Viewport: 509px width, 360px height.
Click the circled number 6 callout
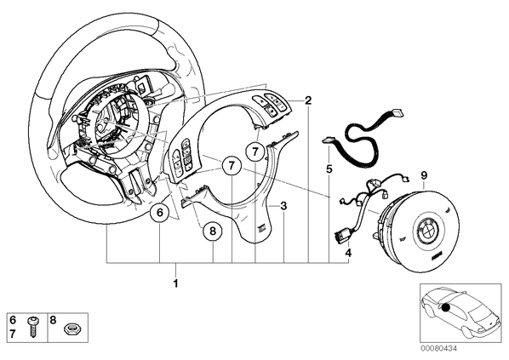coord(160,214)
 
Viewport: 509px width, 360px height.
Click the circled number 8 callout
coord(213,231)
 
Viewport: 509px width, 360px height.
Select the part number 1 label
coord(175,283)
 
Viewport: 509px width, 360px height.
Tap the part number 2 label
coord(308,100)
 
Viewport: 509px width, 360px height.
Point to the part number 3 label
coord(283,206)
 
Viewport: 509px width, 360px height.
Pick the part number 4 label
coord(348,253)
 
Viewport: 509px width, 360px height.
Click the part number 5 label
coord(329,169)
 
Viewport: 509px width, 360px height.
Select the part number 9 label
coord(424,175)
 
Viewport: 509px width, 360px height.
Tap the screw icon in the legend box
coord(32,327)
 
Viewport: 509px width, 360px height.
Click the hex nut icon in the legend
coord(70,329)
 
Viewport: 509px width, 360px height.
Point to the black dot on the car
coord(446,307)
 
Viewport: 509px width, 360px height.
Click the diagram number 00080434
coord(439,348)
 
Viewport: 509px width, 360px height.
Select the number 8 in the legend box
coord(53,320)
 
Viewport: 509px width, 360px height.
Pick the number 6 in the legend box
coord(13,320)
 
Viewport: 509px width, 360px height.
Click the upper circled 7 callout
coord(255,151)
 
